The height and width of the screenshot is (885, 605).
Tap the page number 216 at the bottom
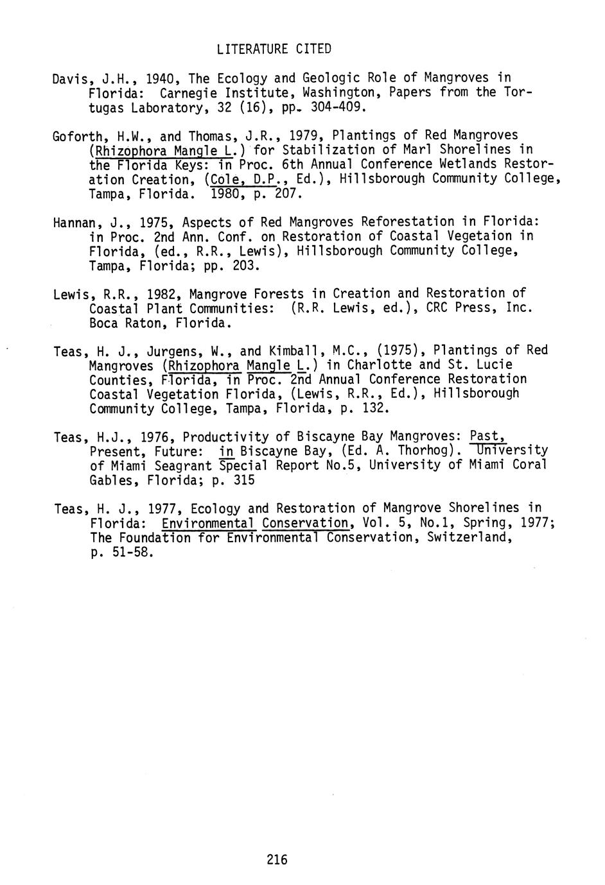click(x=277, y=859)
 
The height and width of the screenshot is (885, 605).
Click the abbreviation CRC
click(x=438, y=308)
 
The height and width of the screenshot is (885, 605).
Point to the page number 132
click(x=375, y=408)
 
